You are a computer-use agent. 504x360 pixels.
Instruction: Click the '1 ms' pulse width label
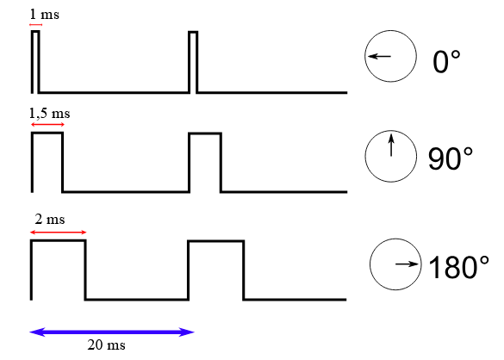coord(44,15)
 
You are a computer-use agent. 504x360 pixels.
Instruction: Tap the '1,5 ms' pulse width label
coord(49,114)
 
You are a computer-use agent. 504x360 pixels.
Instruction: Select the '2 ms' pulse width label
coord(50,220)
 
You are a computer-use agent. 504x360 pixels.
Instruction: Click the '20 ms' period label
coord(106,344)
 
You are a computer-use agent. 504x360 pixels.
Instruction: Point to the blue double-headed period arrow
coord(112,332)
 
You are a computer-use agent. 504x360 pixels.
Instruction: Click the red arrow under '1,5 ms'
coord(47,124)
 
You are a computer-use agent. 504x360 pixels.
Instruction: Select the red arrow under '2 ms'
coord(59,232)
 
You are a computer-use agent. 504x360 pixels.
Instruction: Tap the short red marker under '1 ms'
coord(35,25)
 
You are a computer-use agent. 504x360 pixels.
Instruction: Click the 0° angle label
coord(446,61)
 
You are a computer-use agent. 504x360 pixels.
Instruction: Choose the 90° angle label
coord(451,158)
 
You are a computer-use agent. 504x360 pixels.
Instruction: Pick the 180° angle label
coord(459,267)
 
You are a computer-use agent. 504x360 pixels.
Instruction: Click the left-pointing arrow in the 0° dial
coord(379,56)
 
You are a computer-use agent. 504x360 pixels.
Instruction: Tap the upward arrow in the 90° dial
coord(391,145)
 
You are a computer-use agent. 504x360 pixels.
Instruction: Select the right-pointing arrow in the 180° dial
coord(407,264)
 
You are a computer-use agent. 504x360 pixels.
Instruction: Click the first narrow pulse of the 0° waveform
coord(35,31)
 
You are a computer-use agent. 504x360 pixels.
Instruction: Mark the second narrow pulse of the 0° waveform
coord(193,32)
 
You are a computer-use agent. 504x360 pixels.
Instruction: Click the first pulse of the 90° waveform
coord(47,133)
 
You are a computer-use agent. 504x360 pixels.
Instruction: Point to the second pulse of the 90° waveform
coord(205,133)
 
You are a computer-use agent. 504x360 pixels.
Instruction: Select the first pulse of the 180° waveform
coord(59,240)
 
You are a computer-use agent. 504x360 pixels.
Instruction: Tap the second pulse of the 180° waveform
coord(216,241)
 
